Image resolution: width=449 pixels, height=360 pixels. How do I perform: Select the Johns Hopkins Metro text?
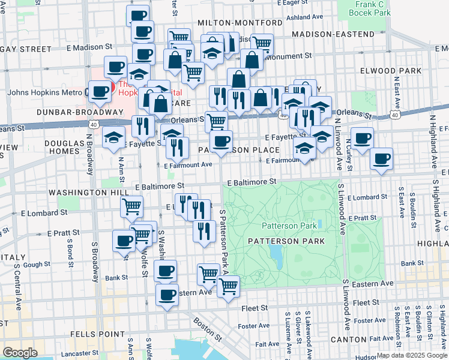pyautogui.click(x=41, y=93)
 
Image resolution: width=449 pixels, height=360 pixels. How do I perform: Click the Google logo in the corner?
pyautogui.click(x=20, y=352)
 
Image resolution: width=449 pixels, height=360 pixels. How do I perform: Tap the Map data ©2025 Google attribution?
pyautogui.click(x=412, y=355)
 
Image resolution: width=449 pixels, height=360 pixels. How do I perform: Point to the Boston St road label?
pyautogui.click(x=205, y=328)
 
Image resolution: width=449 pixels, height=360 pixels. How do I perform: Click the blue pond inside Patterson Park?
pyautogui.click(x=277, y=257)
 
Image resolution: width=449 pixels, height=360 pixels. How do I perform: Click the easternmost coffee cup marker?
pyautogui.click(x=382, y=158)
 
